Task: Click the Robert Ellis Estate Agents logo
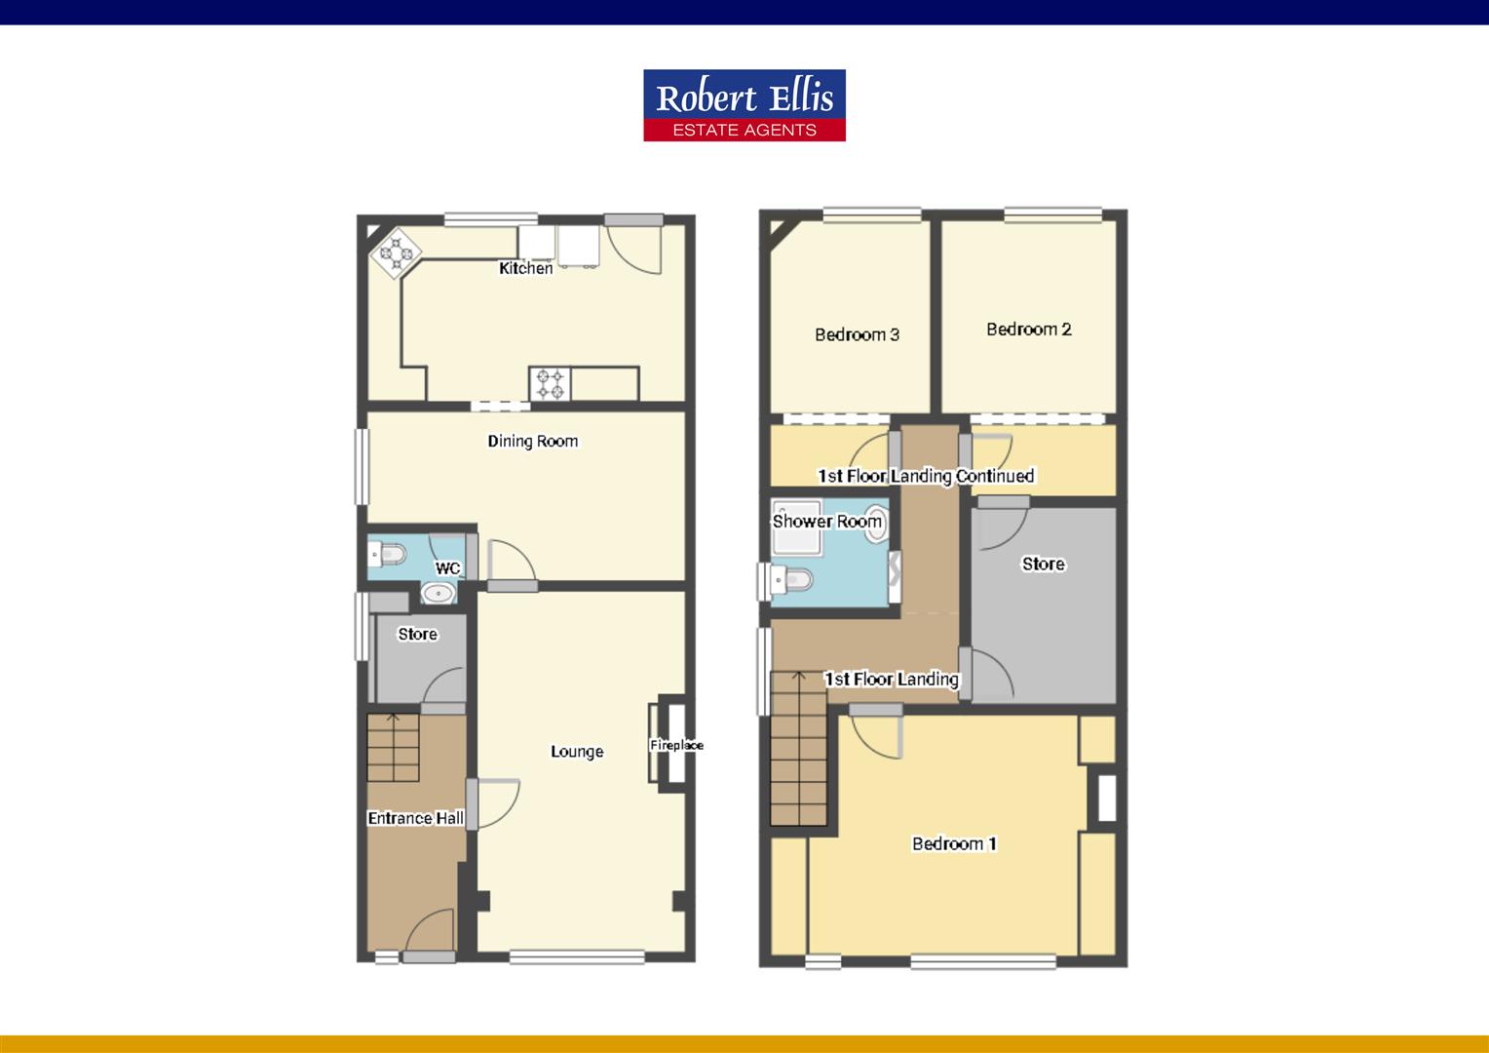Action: [x=744, y=105]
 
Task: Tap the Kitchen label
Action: [x=526, y=268]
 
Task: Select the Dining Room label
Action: [x=532, y=441]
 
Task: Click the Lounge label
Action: [x=577, y=752]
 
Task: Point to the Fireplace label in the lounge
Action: [x=676, y=745]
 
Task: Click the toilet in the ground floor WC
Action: [x=387, y=554]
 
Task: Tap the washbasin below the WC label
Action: [x=439, y=593]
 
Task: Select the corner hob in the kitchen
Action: [x=397, y=253]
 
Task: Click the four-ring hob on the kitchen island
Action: [x=550, y=384]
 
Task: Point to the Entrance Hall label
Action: [x=415, y=818]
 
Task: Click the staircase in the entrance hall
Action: [x=393, y=747]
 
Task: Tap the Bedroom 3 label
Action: [x=857, y=334]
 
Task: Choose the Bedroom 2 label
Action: [x=1028, y=330]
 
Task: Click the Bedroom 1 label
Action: [x=954, y=844]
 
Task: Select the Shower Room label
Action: [x=827, y=522]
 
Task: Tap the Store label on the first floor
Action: [x=1043, y=565]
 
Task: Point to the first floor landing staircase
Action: [x=798, y=749]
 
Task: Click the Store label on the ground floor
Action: [x=417, y=634]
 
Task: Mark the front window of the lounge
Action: [x=577, y=957]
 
